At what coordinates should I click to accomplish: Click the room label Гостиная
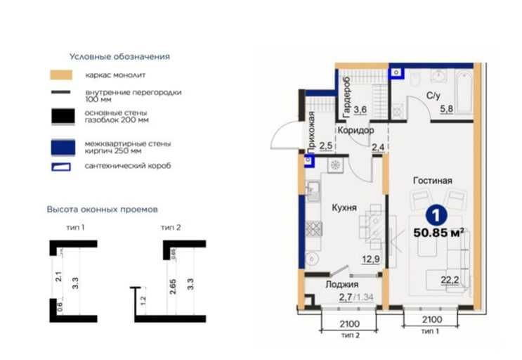(x=433, y=181)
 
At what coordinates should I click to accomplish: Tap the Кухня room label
(x=344, y=208)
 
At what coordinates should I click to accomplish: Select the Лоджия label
(x=342, y=284)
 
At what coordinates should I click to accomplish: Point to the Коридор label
(x=355, y=130)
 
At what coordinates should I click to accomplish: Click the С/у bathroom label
(x=433, y=96)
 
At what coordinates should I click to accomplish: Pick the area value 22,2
(x=450, y=280)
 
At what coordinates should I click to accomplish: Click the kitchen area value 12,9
(x=371, y=259)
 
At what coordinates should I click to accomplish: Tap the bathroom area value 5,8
(x=446, y=109)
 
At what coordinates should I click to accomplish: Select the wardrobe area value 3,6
(x=360, y=109)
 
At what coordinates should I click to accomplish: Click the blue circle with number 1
(x=436, y=216)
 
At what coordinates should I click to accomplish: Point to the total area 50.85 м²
(x=439, y=233)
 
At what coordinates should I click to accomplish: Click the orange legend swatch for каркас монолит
(x=61, y=75)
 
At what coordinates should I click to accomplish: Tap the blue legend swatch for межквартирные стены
(x=63, y=147)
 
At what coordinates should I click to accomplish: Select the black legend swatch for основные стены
(x=63, y=117)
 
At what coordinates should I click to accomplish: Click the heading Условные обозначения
(x=120, y=57)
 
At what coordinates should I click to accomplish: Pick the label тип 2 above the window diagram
(x=171, y=227)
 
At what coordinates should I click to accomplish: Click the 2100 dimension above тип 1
(x=432, y=320)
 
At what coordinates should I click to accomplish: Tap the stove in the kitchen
(x=313, y=229)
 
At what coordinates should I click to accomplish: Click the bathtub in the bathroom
(x=464, y=91)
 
